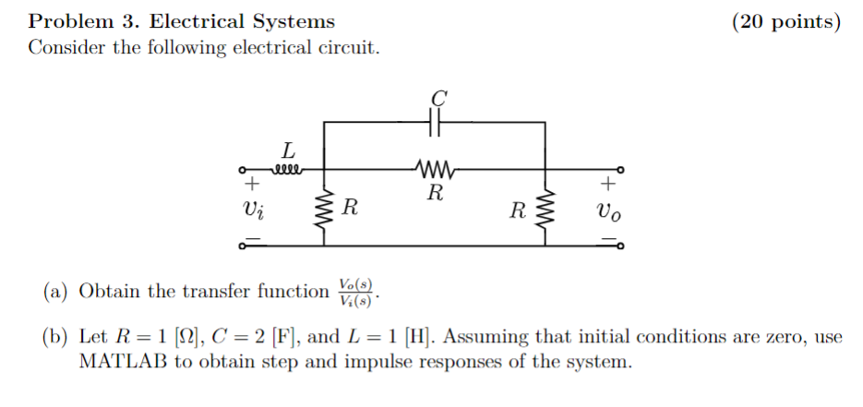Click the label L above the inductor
point(288,149)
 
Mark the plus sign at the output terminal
point(608,184)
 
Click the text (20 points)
point(785,21)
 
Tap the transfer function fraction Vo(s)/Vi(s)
point(357,292)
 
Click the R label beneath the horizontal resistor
point(435,194)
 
